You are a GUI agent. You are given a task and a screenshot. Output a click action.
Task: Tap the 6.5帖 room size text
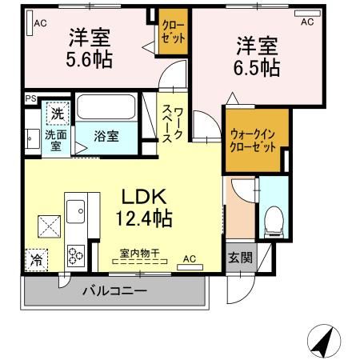pyautogui.click(x=257, y=67)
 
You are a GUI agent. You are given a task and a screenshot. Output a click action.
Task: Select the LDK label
pyautogui.click(x=145, y=196)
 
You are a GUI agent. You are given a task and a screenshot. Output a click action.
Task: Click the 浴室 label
pyautogui.click(x=107, y=136)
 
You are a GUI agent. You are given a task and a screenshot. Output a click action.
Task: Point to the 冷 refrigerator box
pyautogui.click(x=36, y=259)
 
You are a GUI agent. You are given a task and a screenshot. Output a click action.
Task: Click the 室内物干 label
pyautogui.click(x=140, y=254)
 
